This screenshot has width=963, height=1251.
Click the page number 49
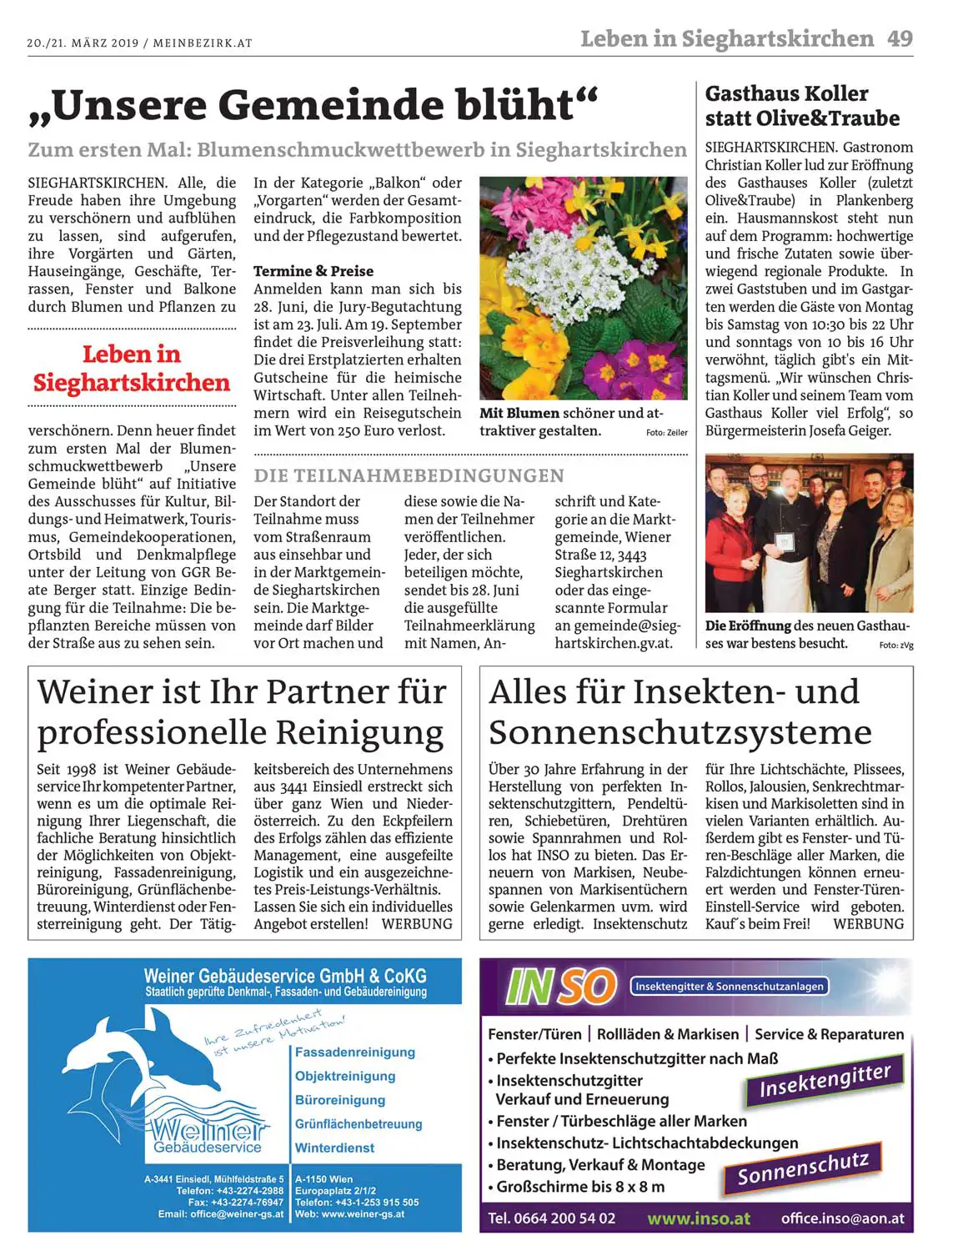pos(900,38)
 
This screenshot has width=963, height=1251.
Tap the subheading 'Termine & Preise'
pos(313,271)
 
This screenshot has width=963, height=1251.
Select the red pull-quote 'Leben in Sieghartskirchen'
pos(132,368)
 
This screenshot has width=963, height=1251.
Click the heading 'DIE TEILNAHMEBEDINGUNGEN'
pos(409,475)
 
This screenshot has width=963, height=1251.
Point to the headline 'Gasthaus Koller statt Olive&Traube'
pos(802,106)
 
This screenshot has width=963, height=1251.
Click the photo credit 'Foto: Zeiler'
pos(666,433)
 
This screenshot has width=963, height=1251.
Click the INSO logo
pos(559,987)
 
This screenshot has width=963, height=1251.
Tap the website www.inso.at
pos(698,1218)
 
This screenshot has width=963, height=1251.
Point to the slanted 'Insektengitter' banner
pos(824,1081)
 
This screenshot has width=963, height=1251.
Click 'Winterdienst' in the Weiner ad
pos(334,1148)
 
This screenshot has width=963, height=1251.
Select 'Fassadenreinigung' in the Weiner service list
pos(354,1053)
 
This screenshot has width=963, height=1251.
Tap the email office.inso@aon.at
pos(842,1218)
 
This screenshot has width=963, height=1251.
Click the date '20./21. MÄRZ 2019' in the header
pos(83,43)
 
